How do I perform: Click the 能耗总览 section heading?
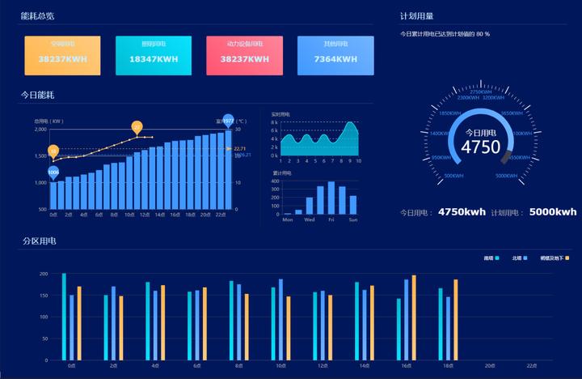click(37, 15)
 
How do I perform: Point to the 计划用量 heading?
click(416, 15)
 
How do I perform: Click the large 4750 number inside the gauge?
click(480, 147)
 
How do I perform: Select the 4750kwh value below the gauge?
click(462, 211)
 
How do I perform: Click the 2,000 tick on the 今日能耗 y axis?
click(40, 130)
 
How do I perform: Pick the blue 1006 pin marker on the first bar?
click(53, 172)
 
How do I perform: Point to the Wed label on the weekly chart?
click(309, 219)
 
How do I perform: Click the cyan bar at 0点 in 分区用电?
click(64, 316)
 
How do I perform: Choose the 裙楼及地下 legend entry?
click(555, 258)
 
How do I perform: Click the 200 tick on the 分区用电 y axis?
click(44, 274)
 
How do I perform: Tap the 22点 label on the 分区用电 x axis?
click(531, 366)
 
